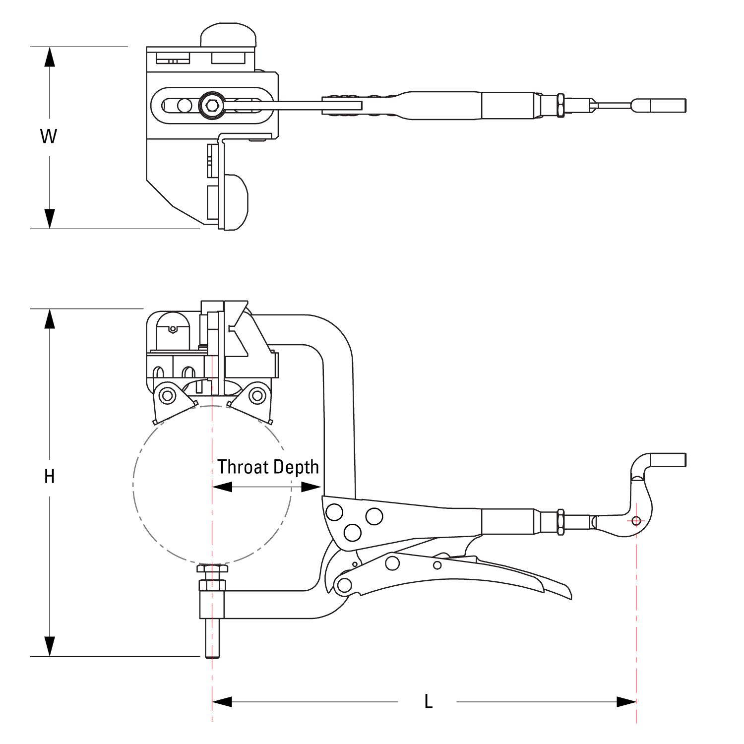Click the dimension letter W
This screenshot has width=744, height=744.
49,136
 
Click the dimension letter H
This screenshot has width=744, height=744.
49,477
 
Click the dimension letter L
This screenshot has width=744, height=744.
429,702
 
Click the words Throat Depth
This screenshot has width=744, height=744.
268,467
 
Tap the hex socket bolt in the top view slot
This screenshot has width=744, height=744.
211,105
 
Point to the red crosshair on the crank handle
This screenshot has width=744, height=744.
636,521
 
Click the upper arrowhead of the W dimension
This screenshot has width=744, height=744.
49,57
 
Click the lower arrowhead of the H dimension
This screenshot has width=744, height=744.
49,646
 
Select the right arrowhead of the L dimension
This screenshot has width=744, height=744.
626,702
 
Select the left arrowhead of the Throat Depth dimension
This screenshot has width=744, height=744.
222,488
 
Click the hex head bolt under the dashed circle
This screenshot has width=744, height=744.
212,568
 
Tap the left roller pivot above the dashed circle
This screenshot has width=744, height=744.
168,396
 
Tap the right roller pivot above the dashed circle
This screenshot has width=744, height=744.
257,396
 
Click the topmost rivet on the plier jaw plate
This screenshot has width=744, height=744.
334,511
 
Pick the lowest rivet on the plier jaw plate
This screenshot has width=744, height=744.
352,532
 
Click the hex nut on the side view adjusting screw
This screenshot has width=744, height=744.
560,522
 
